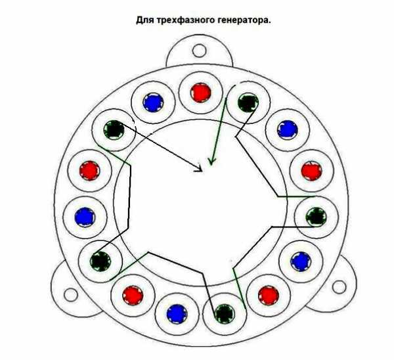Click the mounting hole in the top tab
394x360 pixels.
[x=199, y=51]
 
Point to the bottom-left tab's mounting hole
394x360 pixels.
[x=71, y=295]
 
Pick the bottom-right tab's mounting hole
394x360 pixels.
[x=339, y=287]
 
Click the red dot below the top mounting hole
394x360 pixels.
[x=200, y=93]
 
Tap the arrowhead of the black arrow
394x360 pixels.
[x=199, y=169]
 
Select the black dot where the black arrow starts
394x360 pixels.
[x=114, y=129]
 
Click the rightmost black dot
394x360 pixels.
[x=317, y=217]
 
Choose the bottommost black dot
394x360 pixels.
[x=225, y=314]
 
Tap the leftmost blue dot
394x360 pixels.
[x=85, y=217]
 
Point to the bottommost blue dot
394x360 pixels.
[x=177, y=314]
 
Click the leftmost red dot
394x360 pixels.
[x=89, y=171]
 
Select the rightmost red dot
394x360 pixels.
[x=311, y=170]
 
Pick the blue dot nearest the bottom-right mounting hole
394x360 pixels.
[x=301, y=261]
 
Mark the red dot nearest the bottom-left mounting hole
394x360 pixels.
[x=133, y=295]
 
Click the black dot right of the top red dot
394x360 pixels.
[x=248, y=102]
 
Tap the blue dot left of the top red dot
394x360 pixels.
[x=153, y=102]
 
